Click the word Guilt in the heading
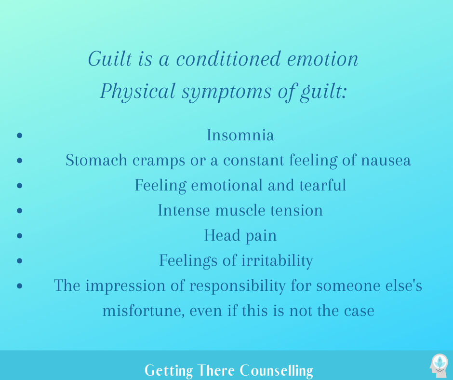coord(110,59)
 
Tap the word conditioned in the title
coord(228,59)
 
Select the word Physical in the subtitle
coord(138,92)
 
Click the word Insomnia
coord(240,135)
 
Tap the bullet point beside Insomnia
coord(20,135)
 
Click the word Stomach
coord(96,160)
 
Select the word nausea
coord(386,161)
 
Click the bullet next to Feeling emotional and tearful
coord(20,185)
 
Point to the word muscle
coord(240,210)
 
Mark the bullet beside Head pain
coord(20,235)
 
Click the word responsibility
coord(238,286)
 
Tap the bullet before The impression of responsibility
coord(20,285)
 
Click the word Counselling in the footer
coord(277,370)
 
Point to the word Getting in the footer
coord(169,370)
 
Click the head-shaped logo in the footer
coord(439,365)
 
